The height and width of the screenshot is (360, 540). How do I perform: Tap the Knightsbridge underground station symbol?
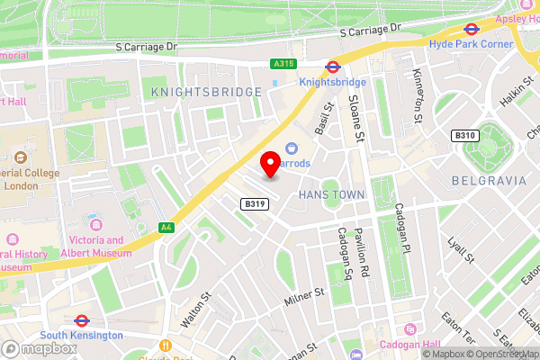332,66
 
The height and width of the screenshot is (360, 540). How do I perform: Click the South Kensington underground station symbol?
80,319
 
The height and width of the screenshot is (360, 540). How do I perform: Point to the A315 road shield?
281,64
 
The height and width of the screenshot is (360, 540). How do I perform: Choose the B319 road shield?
254,205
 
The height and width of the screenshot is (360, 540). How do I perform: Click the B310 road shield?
463,135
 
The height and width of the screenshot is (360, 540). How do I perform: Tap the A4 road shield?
166,228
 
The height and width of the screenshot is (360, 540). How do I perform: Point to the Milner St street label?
301,294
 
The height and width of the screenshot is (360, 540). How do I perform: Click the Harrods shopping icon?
292,148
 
